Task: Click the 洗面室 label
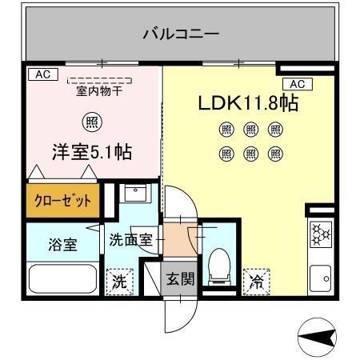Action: point(131,238)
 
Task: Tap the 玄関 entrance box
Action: point(179,280)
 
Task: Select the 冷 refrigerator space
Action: point(256,281)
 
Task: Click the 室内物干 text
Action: point(98,90)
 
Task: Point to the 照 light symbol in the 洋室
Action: point(92,122)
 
